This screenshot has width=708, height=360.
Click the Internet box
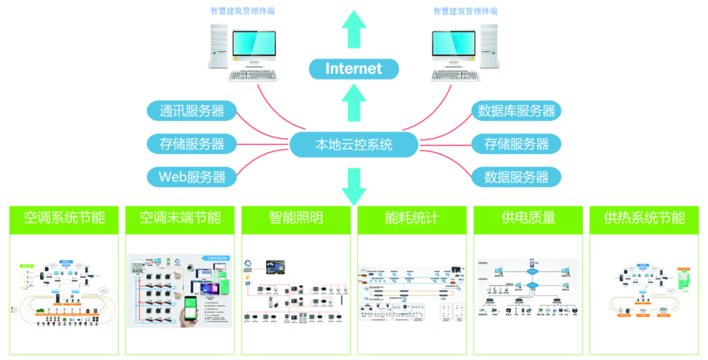(x=353, y=68)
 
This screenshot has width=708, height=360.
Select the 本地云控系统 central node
(x=353, y=145)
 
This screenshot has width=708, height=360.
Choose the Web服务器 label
(x=192, y=177)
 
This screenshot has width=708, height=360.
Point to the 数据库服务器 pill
(x=516, y=111)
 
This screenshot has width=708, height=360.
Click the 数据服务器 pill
(x=516, y=177)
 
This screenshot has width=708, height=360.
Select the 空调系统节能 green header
(x=64, y=218)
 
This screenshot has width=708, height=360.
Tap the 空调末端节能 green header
(x=180, y=218)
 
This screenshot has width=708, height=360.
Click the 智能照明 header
(x=296, y=218)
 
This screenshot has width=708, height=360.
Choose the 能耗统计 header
(x=411, y=218)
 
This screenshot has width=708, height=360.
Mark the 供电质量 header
(x=528, y=218)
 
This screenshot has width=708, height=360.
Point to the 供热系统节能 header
(x=644, y=218)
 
